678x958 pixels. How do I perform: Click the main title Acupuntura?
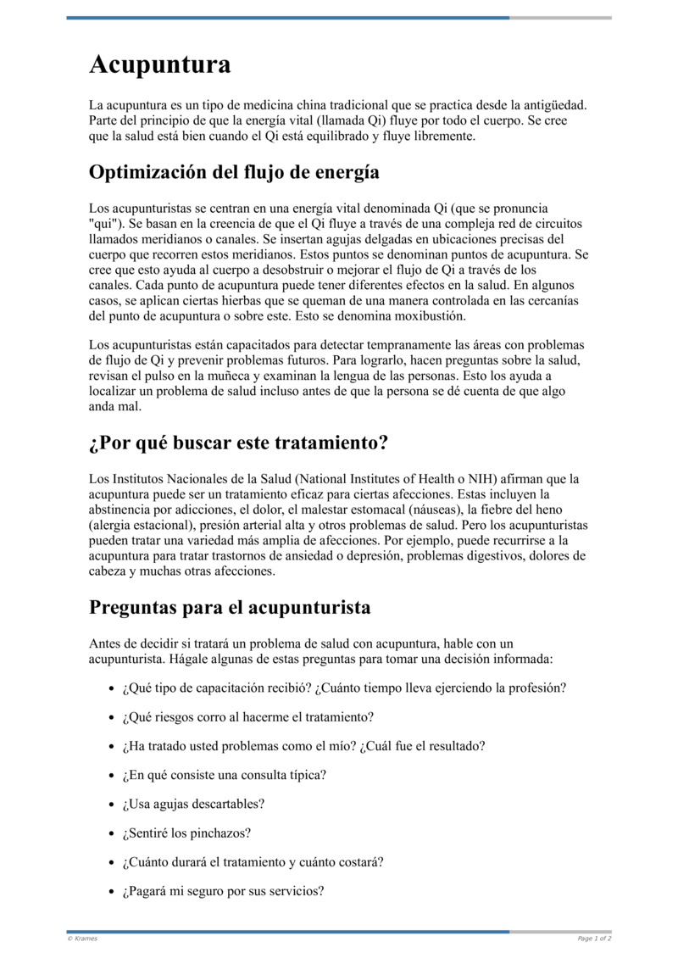(x=160, y=64)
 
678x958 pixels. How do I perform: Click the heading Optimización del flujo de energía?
(x=234, y=172)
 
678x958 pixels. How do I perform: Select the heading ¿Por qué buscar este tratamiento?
(x=238, y=443)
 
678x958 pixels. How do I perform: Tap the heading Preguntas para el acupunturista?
(x=230, y=608)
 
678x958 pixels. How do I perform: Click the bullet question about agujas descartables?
(x=193, y=804)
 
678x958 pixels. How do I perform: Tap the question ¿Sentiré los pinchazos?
(x=186, y=833)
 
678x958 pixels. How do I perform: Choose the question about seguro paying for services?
(x=223, y=891)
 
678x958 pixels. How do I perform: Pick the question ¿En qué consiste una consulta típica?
(x=224, y=775)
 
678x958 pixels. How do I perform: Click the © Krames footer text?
(x=82, y=938)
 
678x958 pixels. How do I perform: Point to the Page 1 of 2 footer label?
(x=594, y=938)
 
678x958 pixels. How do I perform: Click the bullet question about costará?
(x=253, y=862)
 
